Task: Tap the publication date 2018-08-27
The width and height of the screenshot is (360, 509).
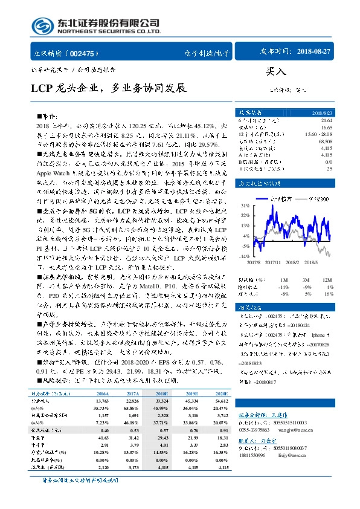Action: click(x=314, y=52)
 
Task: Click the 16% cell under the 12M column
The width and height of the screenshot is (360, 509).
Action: click(x=329, y=293)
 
